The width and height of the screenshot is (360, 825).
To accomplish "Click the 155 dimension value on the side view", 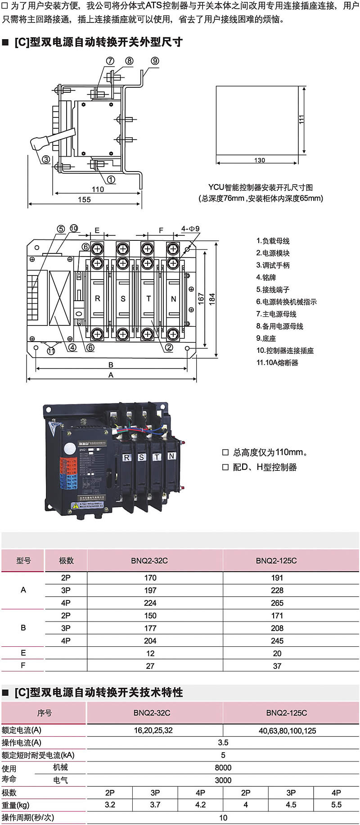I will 84,199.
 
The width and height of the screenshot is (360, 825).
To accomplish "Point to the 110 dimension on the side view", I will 98,189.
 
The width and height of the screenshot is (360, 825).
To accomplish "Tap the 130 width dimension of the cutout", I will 260,160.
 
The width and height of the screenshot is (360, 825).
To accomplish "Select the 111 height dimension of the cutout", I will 301,119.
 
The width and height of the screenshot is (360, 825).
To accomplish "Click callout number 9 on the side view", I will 155,61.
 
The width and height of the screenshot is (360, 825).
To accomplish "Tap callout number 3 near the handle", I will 46,159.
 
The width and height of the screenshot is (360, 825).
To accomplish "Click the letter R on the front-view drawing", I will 98,298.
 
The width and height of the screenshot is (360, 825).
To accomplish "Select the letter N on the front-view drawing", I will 173,298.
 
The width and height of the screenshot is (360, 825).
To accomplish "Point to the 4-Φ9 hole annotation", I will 191,229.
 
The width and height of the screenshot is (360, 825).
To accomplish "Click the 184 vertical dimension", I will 212,299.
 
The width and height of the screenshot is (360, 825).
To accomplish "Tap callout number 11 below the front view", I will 51,351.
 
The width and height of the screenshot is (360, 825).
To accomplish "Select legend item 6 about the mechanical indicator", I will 286,302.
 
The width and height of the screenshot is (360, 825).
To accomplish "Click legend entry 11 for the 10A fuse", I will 277,362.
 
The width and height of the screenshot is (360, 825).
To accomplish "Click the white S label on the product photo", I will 141,457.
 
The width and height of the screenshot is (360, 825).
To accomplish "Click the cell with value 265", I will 277,603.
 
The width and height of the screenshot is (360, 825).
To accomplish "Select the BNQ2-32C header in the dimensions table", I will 150,560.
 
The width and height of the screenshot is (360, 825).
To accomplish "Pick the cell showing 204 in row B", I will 150,640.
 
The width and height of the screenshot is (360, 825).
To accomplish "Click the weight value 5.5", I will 336,804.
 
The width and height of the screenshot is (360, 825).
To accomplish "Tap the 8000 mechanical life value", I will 223,767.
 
